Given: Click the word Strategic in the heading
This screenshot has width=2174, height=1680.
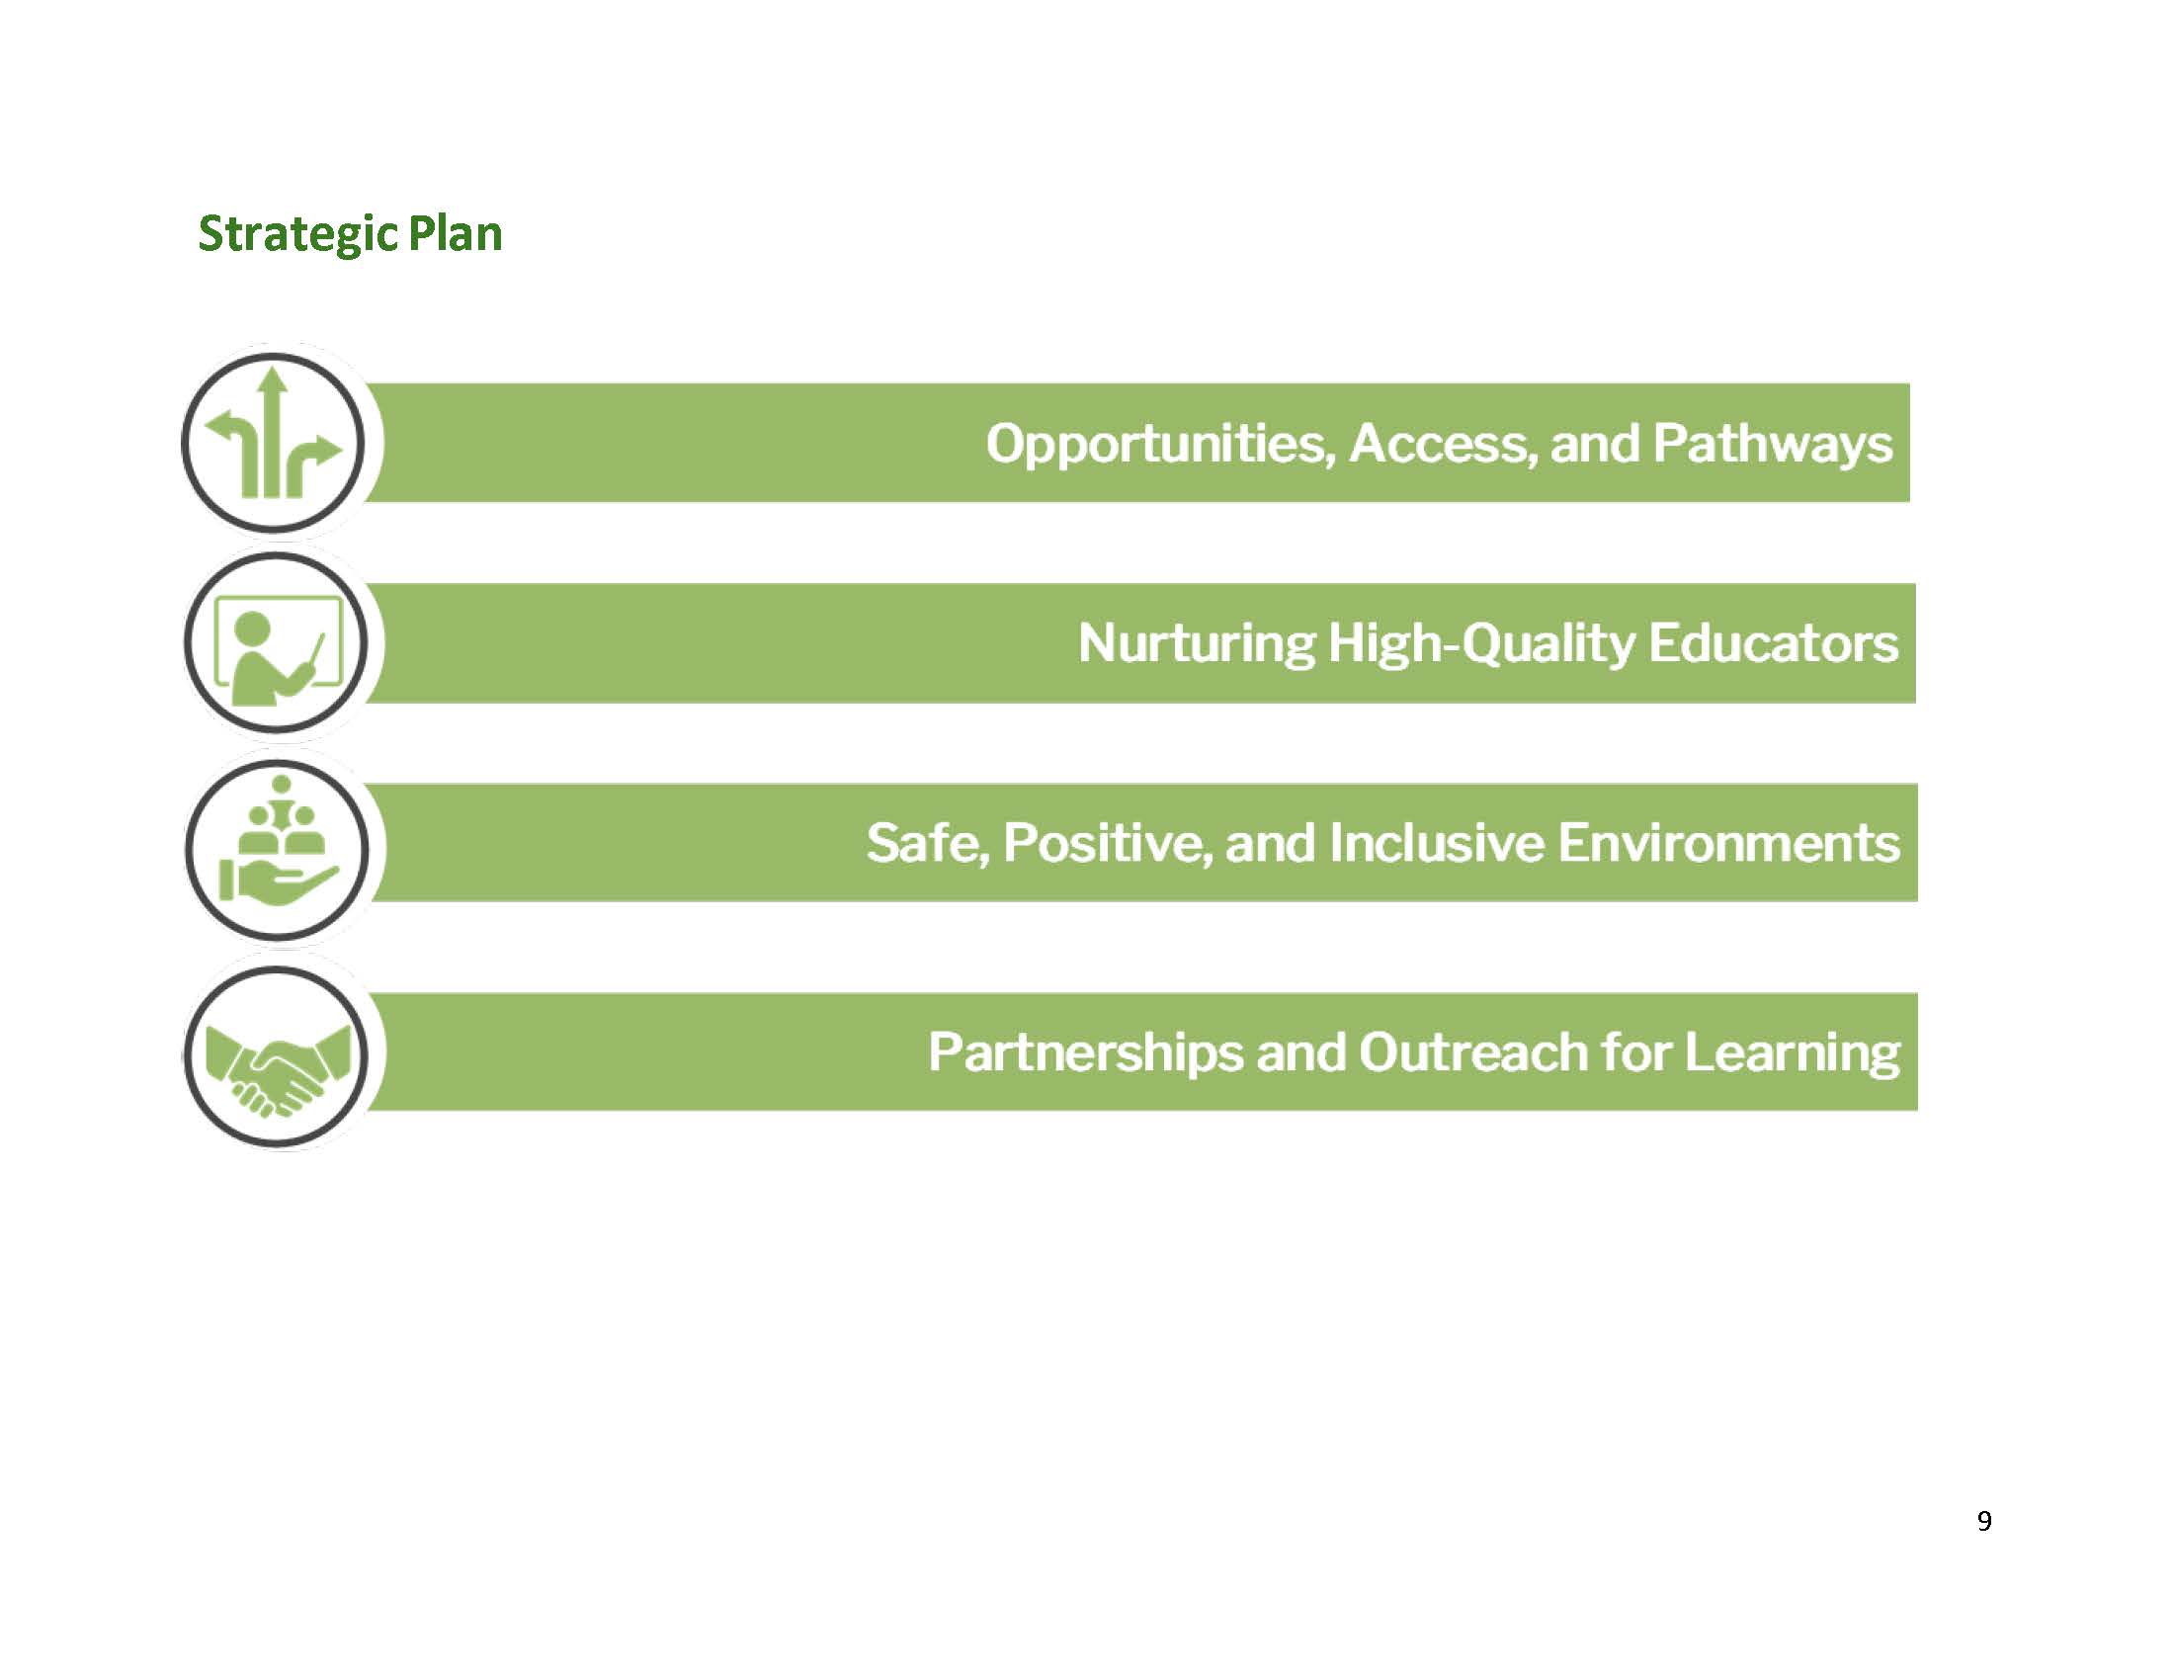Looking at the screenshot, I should (x=296, y=235).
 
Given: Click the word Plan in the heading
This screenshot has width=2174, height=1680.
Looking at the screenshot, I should (x=455, y=234).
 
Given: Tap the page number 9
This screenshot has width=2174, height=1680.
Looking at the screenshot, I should (x=1984, y=1521).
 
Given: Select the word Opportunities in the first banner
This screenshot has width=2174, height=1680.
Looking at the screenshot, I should (x=1160, y=444).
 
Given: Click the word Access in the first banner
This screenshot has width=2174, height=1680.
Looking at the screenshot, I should (x=1438, y=443).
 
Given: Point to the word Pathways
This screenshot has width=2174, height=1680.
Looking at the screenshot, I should (x=1772, y=444).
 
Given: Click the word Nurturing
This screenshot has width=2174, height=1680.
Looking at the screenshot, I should (x=1197, y=643).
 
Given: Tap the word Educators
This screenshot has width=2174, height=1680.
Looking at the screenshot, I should (x=1773, y=643).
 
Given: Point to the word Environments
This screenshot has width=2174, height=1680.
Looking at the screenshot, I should (x=1728, y=843).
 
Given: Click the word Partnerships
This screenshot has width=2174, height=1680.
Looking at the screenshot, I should (x=1085, y=1053).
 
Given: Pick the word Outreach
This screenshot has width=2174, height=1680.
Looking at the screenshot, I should (x=1473, y=1052).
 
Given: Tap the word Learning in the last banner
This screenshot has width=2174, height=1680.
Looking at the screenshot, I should (x=1792, y=1053).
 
